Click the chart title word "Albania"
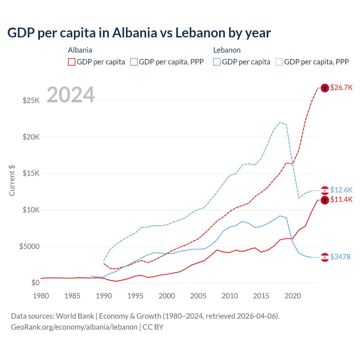[134, 33]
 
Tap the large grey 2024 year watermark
[71, 95]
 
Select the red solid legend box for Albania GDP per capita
[72, 62]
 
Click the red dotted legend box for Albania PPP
[134, 62]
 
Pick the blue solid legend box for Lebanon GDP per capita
[217, 62]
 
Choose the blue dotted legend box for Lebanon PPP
[279, 62]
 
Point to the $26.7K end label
[341, 87]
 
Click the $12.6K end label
[341, 190]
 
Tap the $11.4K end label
[341, 199]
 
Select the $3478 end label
[340, 257]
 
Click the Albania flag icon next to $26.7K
[325, 88]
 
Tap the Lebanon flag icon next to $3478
[325, 257]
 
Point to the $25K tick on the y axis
[31, 100]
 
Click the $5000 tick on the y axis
[29, 247]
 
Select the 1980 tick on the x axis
[41, 296]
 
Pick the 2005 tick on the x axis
[198, 296]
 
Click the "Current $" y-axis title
[12, 181]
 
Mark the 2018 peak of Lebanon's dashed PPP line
[280, 122]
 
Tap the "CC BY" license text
[153, 327]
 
